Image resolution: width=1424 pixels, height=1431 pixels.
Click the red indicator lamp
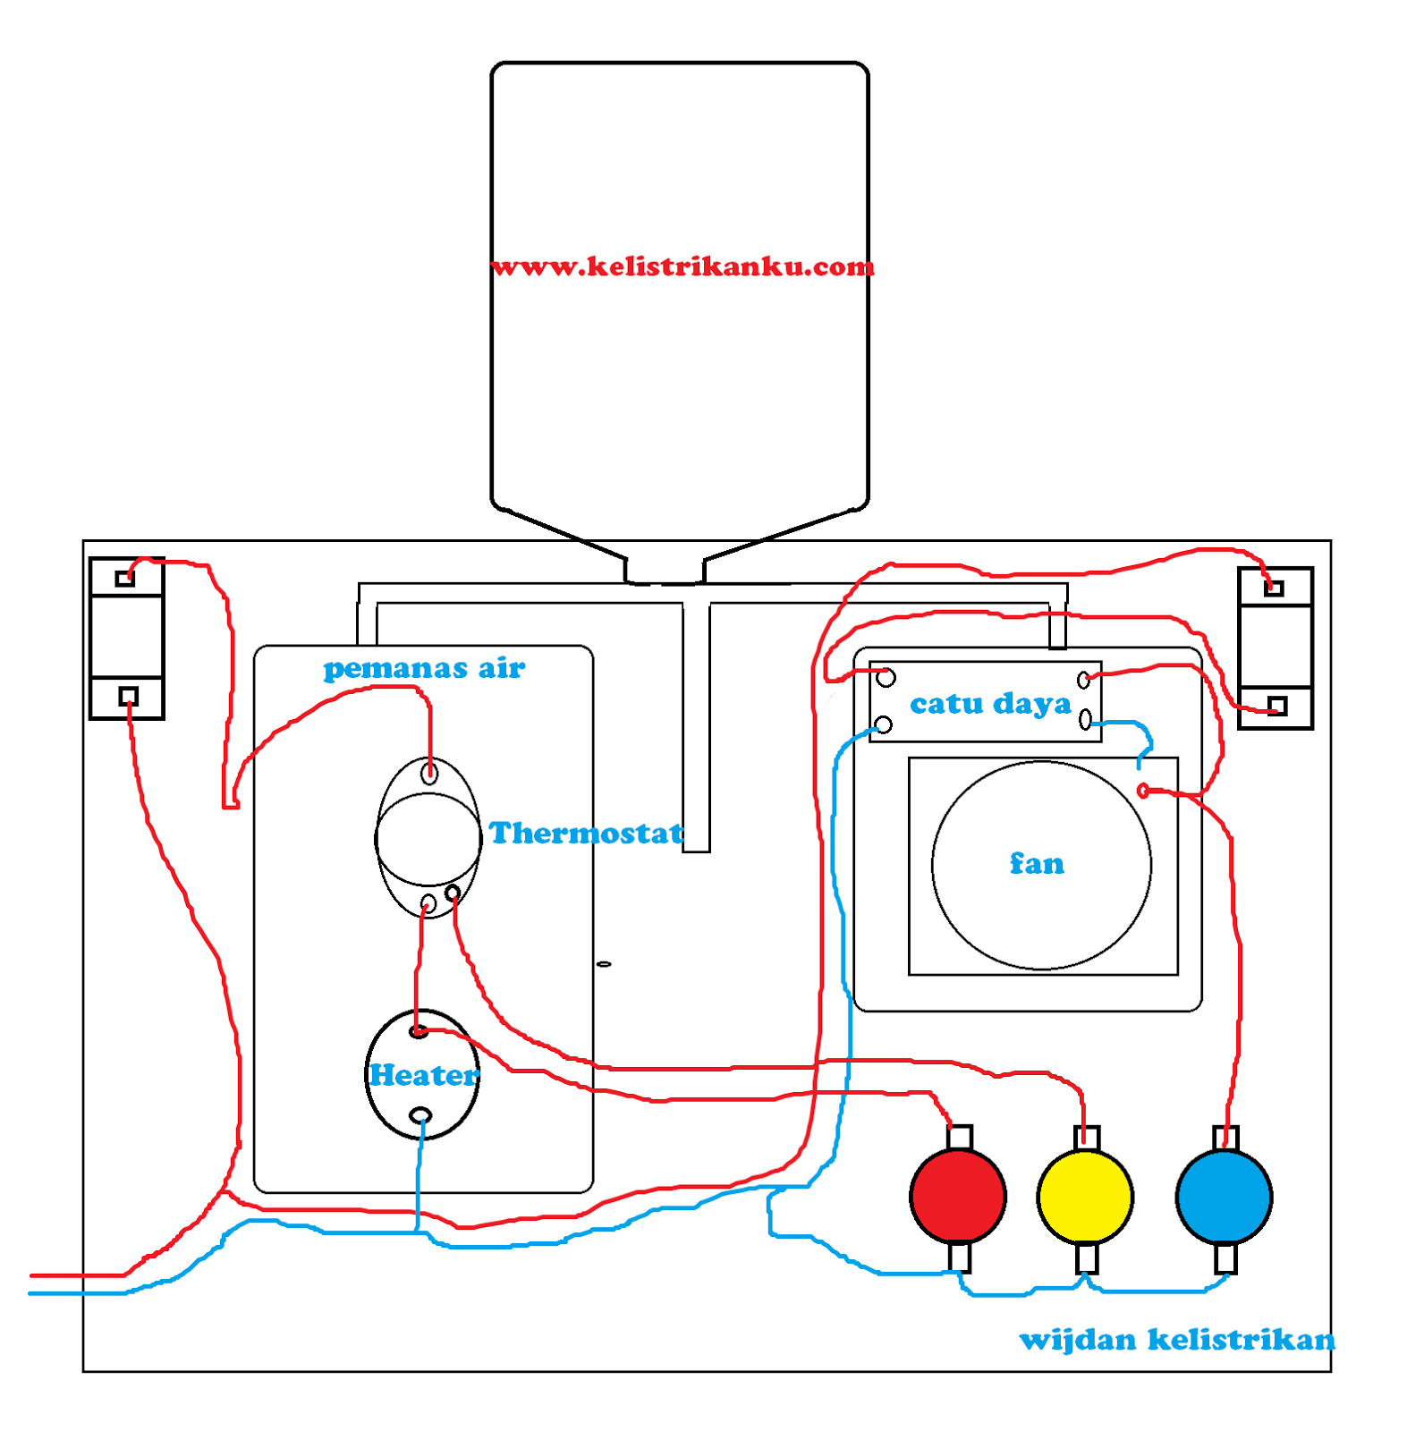pyautogui.click(x=958, y=1197)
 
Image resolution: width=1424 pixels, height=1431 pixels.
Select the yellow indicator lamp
pyautogui.click(x=1085, y=1197)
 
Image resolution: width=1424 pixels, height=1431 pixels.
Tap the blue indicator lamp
pyautogui.click(x=1225, y=1197)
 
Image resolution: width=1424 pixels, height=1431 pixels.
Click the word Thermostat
pyautogui.click(x=586, y=834)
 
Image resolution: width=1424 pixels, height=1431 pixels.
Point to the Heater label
pyautogui.click(x=424, y=1075)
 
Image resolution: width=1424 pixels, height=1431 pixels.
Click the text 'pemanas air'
pyautogui.click(x=424, y=668)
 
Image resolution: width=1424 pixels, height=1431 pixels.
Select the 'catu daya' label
pyautogui.click(x=990, y=704)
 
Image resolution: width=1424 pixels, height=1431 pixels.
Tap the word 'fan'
pyautogui.click(x=1038, y=864)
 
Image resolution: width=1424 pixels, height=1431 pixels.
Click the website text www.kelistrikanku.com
pyautogui.click(x=682, y=267)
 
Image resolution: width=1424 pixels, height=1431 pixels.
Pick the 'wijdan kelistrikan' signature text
pyautogui.click(x=1177, y=1340)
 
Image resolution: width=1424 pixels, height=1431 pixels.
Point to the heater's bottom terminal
pyautogui.click(x=420, y=1115)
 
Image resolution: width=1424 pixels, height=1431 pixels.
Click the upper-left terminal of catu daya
pyautogui.click(x=886, y=678)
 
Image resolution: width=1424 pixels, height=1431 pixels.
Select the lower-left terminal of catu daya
pyautogui.click(x=883, y=724)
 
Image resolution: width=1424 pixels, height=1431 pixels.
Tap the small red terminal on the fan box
pyautogui.click(x=1143, y=791)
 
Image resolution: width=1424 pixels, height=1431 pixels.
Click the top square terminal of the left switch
pyautogui.click(x=125, y=579)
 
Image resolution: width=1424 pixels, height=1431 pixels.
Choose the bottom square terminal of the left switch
pyautogui.click(x=129, y=696)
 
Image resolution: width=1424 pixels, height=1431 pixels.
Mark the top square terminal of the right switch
pyautogui.click(x=1275, y=588)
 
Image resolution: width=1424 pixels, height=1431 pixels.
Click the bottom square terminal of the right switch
pyautogui.click(x=1277, y=707)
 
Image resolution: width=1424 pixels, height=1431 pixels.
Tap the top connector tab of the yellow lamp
pyautogui.click(x=1087, y=1138)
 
